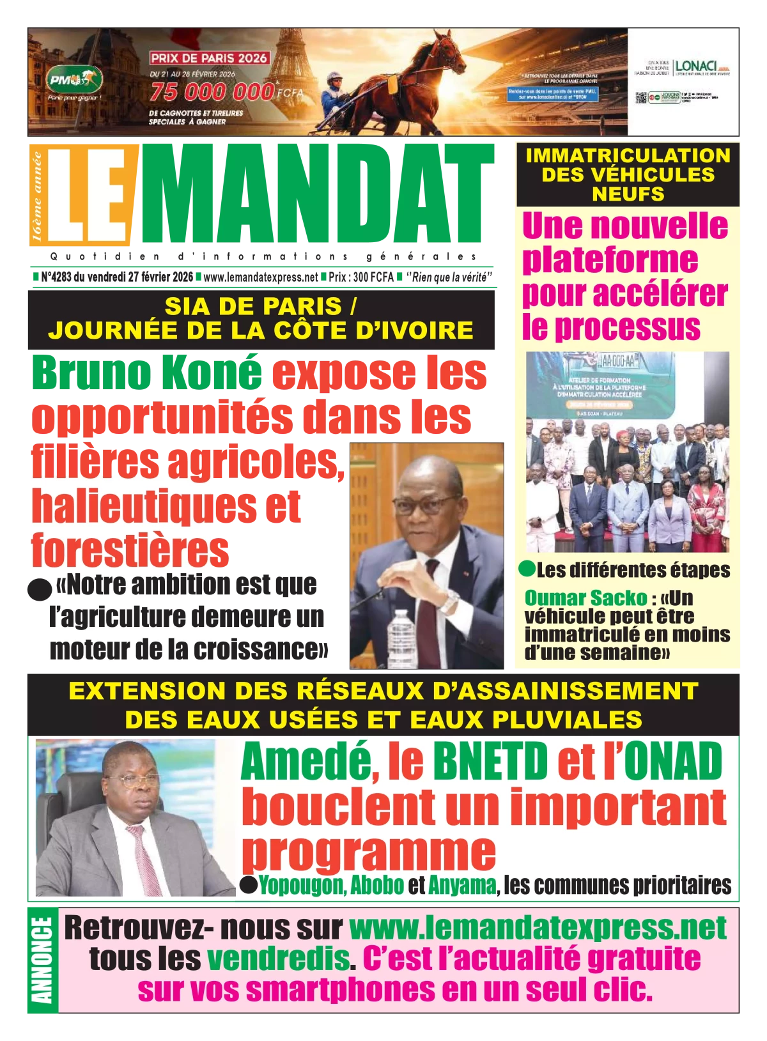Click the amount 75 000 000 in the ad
click(212, 92)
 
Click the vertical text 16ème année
click(36, 196)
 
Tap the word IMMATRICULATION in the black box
click(628, 155)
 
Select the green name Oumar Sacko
click(585, 598)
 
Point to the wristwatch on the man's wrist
click(449, 601)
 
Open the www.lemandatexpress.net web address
click(538, 928)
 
